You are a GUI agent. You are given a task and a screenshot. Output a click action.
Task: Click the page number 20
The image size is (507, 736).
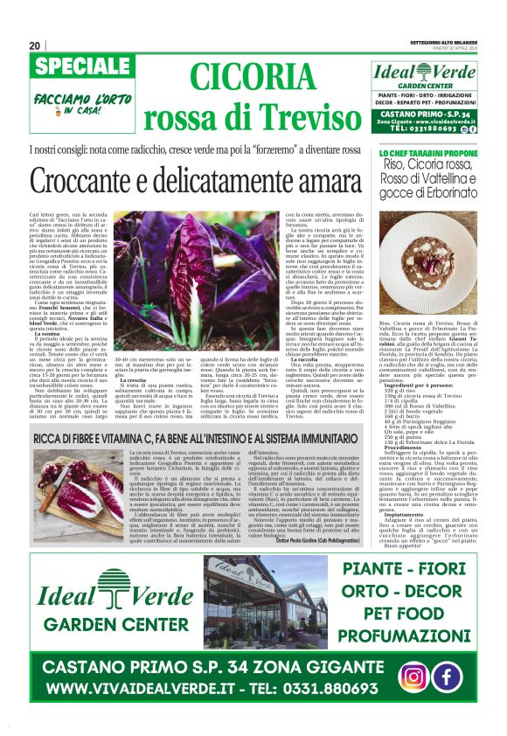[x=35, y=45]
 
